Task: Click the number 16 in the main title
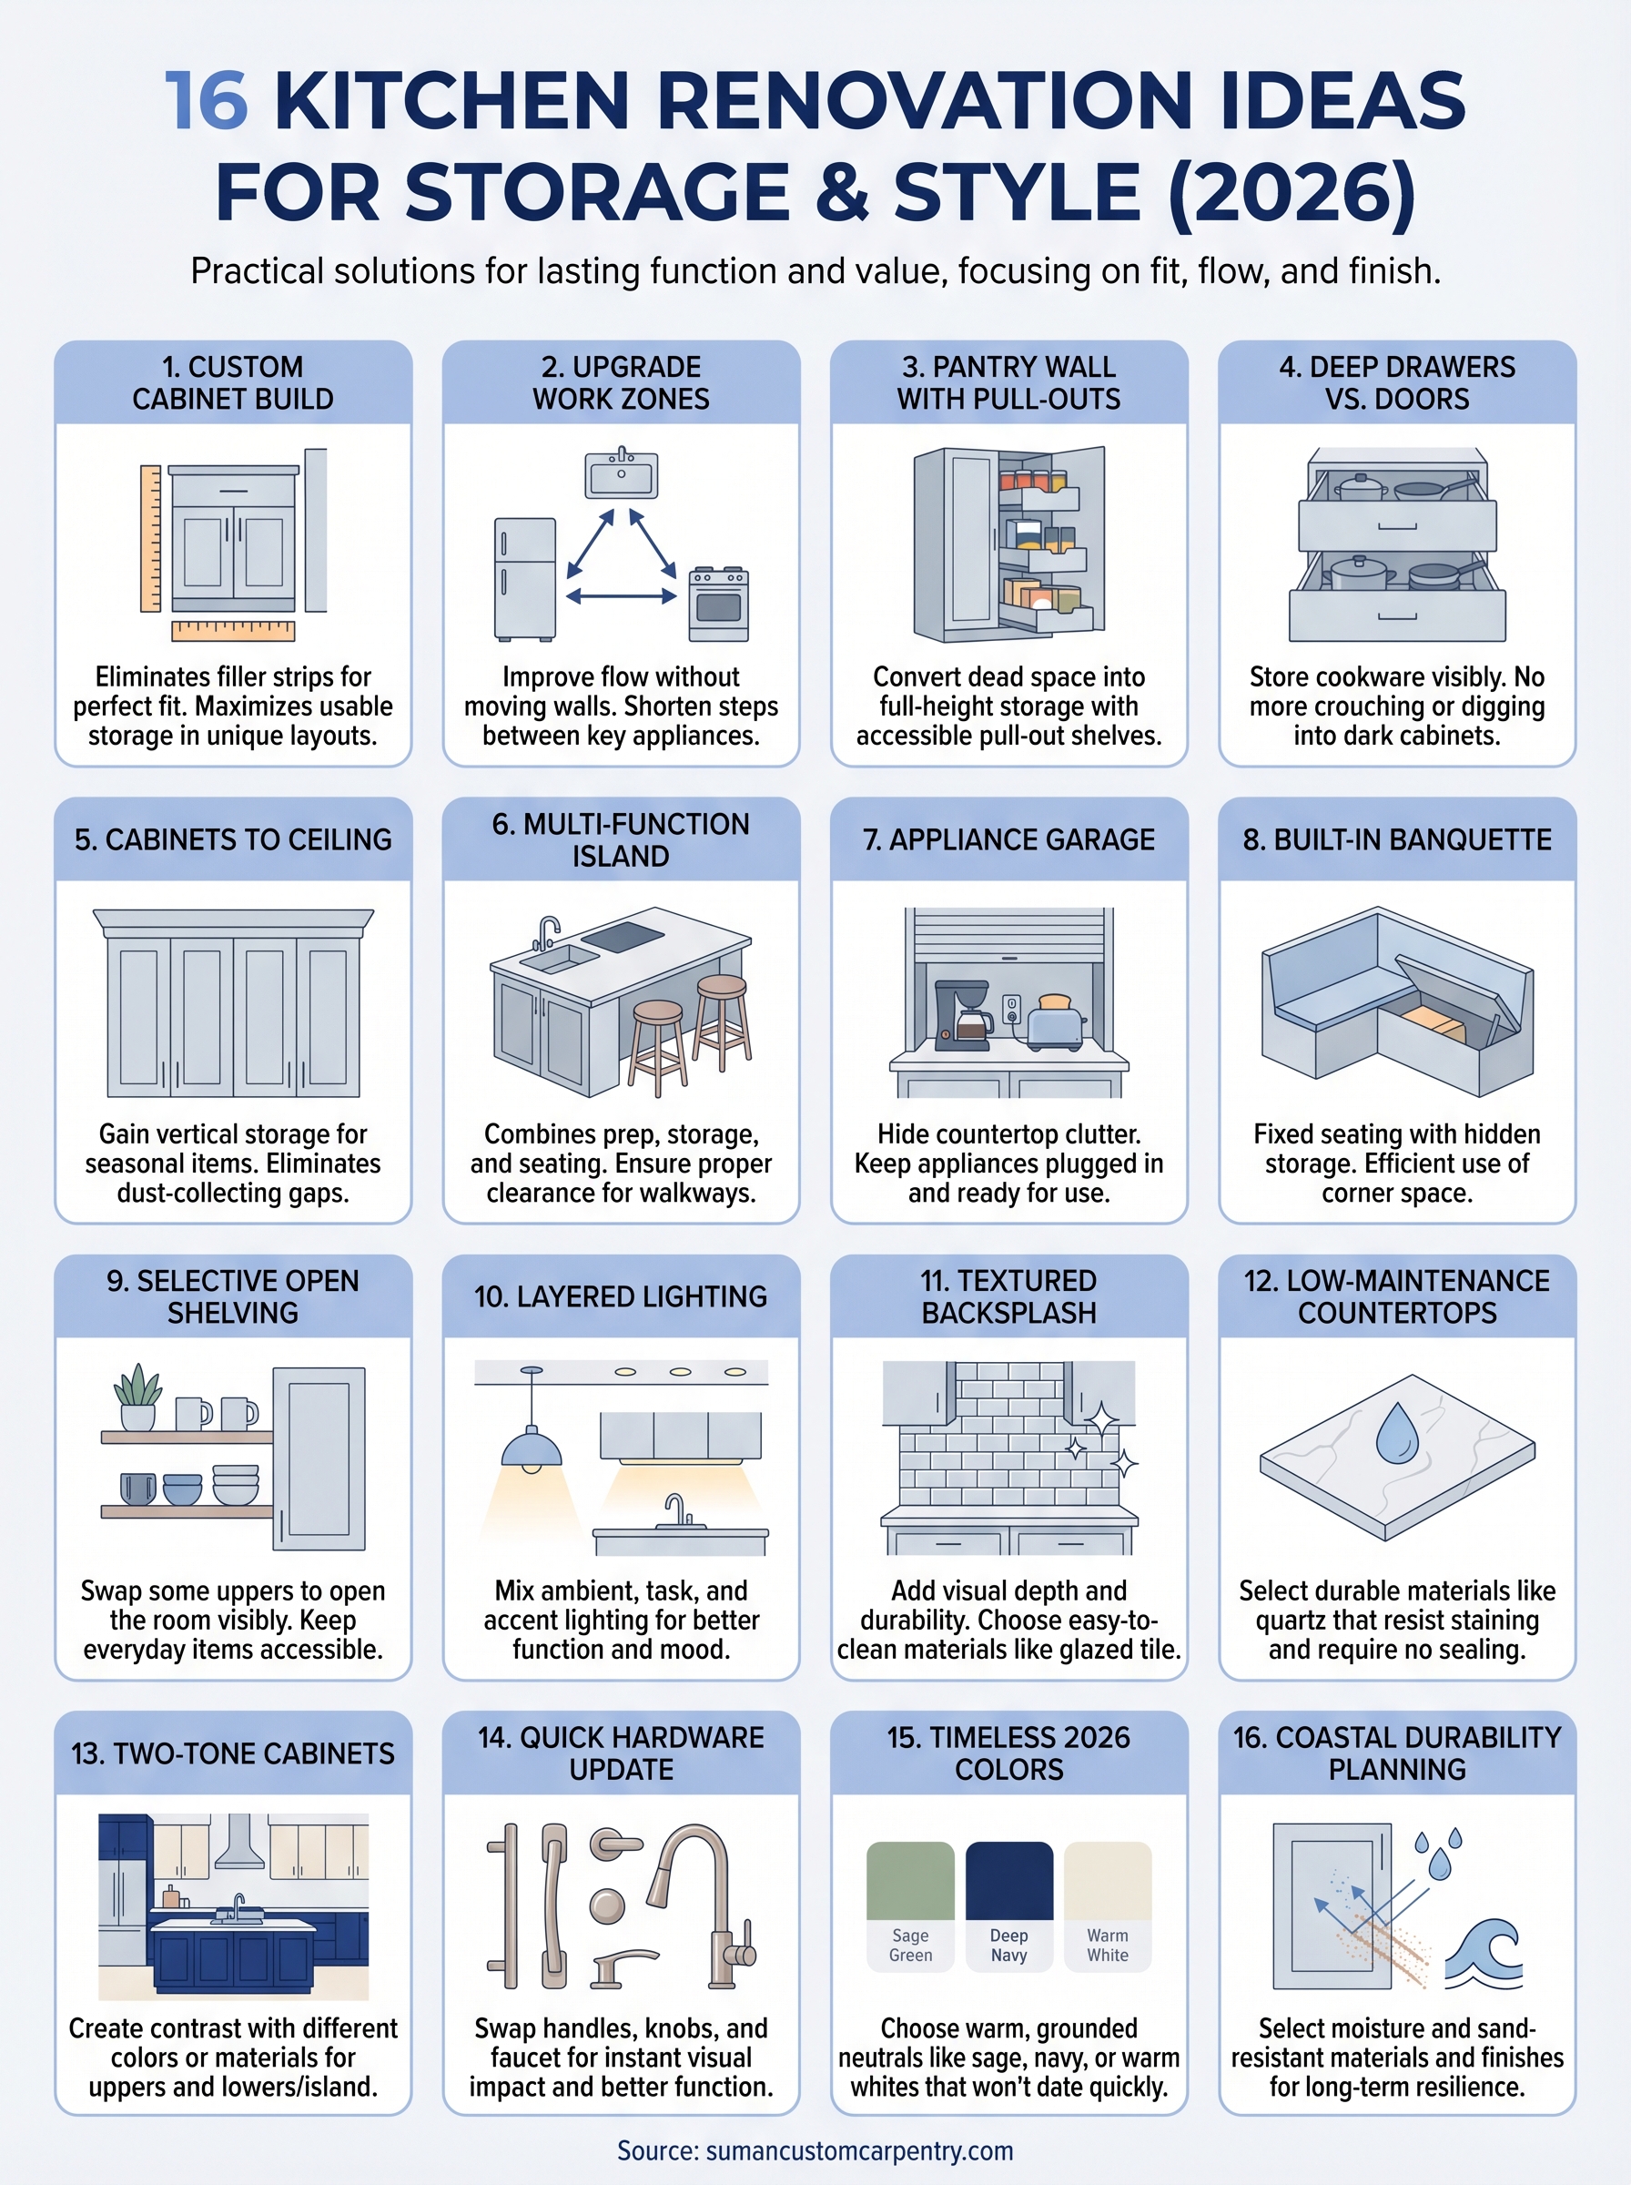(x=206, y=101)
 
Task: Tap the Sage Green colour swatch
(x=909, y=1881)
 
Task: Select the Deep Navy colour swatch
(x=1008, y=1881)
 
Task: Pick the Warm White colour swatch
(x=1107, y=1881)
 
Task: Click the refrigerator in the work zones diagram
(x=524, y=579)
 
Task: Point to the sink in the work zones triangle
(x=621, y=475)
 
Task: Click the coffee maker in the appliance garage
(x=963, y=1011)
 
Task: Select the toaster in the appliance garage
(x=1057, y=1021)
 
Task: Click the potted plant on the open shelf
(x=138, y=1396)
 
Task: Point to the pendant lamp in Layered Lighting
(x=532, y=1448)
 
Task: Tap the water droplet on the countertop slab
(x=1396, y=1434)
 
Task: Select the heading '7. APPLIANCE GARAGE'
(x=1008, y=839)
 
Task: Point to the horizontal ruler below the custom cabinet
(x=233, y=631)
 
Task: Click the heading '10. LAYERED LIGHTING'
(x=620, y=1296)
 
